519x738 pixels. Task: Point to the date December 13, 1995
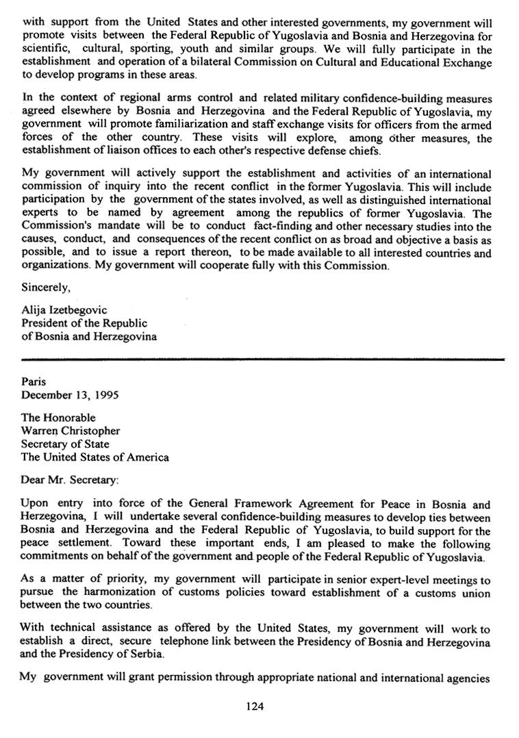click(x=70, y=395)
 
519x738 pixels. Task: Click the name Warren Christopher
click(x=71, y=431)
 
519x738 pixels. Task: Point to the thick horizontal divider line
click(x=263, y=358)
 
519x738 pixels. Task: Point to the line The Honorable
click(x=58, y=418)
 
